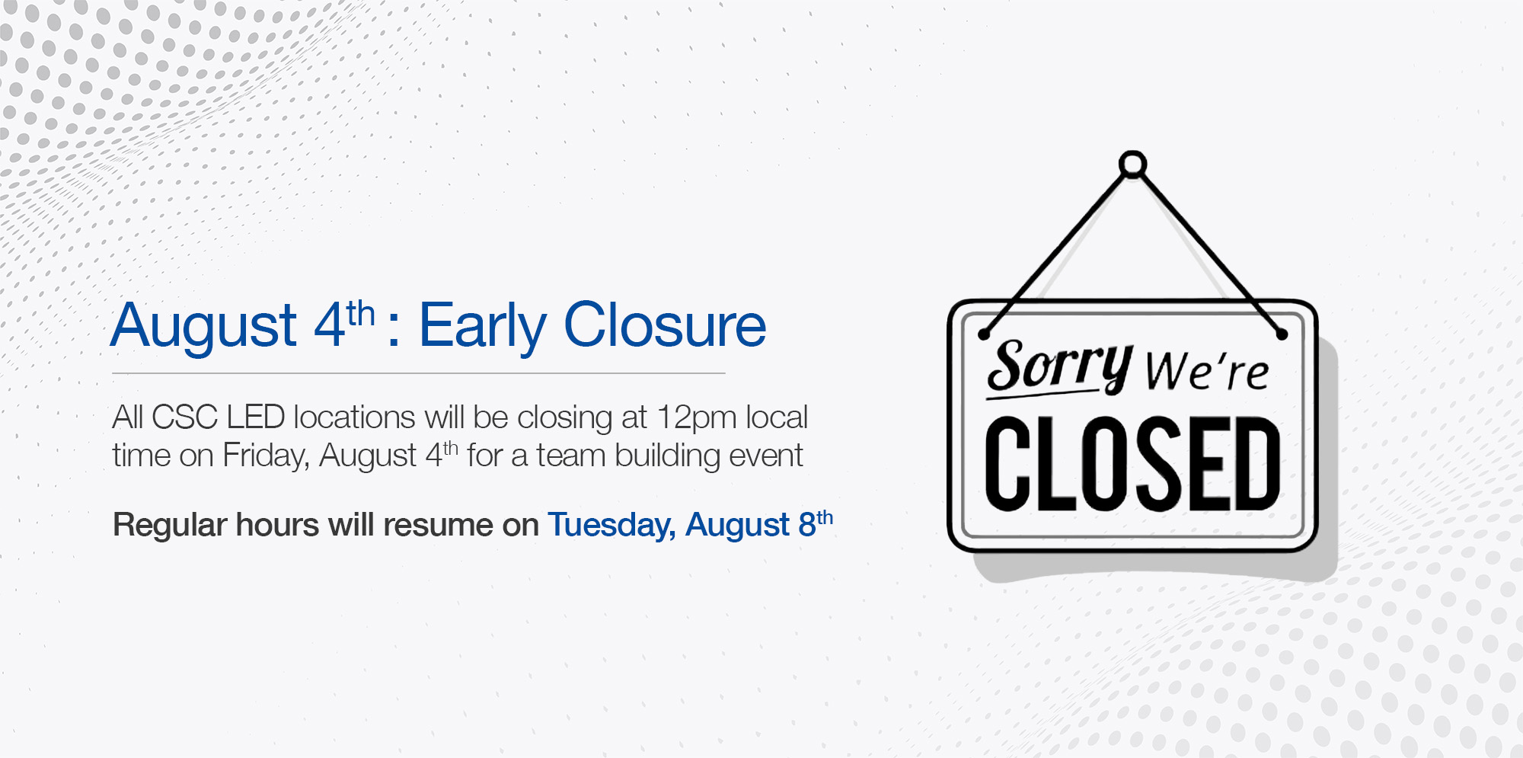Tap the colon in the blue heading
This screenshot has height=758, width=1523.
394,333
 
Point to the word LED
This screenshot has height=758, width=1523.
256,417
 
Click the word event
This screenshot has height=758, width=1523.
766,456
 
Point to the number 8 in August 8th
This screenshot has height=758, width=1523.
807,525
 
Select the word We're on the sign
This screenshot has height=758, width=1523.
1207,371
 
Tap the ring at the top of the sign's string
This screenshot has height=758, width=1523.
1132,165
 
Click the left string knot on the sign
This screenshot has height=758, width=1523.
984,334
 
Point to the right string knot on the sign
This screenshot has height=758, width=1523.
1282,334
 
